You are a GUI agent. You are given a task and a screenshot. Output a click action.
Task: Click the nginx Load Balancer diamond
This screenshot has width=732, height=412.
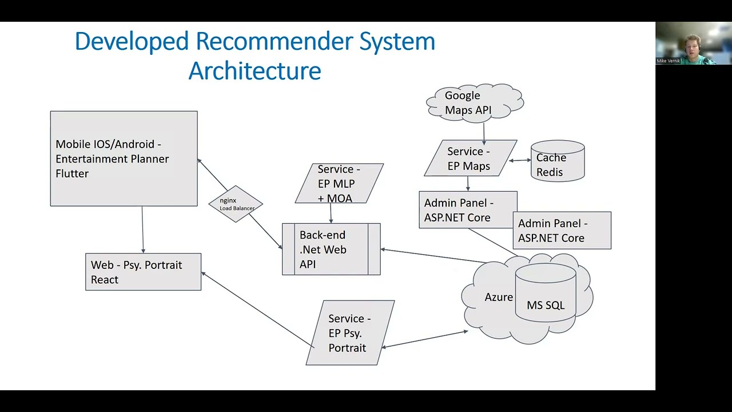tap(236, 204)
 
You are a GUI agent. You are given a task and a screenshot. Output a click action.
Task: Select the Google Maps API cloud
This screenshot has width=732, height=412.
tap(475, 103)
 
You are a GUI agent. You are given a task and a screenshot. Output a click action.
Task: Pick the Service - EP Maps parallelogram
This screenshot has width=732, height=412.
tap(470, 159)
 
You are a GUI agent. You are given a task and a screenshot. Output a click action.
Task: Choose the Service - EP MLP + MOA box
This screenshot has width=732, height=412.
tap(339, 184)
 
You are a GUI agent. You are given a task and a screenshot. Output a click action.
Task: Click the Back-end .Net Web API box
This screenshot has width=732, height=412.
tap(331, 249)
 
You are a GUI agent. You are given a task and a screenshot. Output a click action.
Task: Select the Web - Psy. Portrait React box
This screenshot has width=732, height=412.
tap(143, 272)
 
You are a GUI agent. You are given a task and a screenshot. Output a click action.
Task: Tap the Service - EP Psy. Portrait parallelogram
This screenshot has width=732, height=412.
tap(350, 333)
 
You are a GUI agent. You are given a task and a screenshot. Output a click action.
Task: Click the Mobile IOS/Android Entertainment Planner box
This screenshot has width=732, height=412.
tap(124, 159)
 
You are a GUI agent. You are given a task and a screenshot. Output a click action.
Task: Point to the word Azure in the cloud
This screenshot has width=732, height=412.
tap(499, 297)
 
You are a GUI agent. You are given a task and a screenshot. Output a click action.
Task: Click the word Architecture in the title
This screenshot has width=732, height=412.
tap(254, 71)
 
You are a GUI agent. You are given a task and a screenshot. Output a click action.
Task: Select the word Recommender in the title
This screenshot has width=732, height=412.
tap(274, 41)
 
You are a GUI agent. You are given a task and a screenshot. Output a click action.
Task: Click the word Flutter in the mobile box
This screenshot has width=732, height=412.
tap(72, 173)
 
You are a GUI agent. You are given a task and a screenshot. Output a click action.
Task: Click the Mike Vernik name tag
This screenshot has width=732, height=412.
tap(667, 61)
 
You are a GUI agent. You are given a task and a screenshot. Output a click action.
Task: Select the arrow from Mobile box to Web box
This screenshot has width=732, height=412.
tap(142, 229)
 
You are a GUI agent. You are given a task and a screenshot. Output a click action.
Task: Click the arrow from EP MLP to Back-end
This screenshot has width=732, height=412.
tap(331, 213)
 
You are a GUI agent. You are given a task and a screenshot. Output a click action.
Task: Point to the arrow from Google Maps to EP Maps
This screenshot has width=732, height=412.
tap(484, 132)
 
